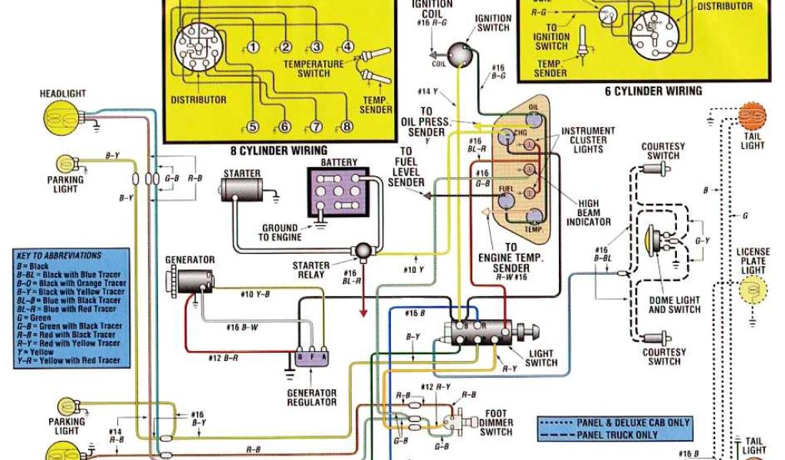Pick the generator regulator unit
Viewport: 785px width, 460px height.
[x=312, y=358]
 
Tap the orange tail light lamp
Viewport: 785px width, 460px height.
[x=753, y=116]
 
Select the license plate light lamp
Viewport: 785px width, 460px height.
[x=753, y=290]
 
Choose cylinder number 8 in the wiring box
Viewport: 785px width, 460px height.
[x=346, y=127]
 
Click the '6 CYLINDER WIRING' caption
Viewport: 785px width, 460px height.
[x=653, y=91]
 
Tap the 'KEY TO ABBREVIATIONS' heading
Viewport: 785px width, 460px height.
[x=58, y=255]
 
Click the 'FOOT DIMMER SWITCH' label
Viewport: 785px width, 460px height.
[x=496, y=422]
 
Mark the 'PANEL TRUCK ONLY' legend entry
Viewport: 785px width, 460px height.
[x=616, y=435]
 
